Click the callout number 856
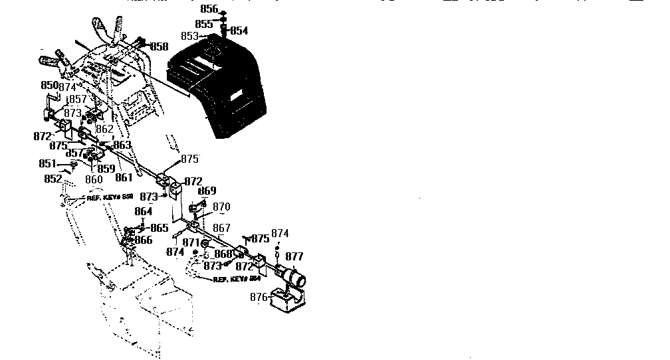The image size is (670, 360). coord(209,9)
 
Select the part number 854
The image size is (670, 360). coord(239,31)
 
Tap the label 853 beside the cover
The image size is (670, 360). coord(190,36)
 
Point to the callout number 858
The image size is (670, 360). coord(160,46)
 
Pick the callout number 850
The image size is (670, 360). coord(50,86)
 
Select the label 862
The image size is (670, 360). coord(104,130)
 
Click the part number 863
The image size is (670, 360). coord(122,145)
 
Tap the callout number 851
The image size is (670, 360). coord(47,163)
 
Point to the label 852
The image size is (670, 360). coord(53,178)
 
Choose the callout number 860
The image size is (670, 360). coord(94,179)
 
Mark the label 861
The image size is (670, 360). coord(124,177)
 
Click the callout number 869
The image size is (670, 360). coord(207,191)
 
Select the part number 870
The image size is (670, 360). coord(221,207)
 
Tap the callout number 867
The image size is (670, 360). coord(221,228)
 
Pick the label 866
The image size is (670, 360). coord(144,240)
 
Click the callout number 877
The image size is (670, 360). coord(294,256)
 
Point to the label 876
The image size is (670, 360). coord(259,297)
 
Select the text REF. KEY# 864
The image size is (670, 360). coord(236,280)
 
